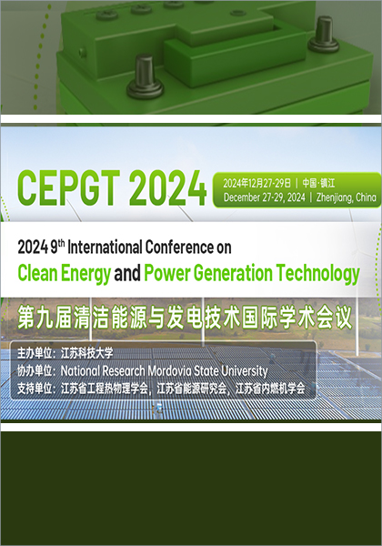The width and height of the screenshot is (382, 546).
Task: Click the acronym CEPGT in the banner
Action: tap(67, 188)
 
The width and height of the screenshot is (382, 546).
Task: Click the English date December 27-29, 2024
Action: tap(263, 197)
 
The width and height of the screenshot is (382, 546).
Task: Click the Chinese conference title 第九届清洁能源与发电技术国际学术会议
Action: tap(189, 318)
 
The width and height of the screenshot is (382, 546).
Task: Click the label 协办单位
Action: tap(35, 371)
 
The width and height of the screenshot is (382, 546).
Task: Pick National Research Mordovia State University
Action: tap(164, 371)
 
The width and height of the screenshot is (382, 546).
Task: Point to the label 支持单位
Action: tap(35, 389)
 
